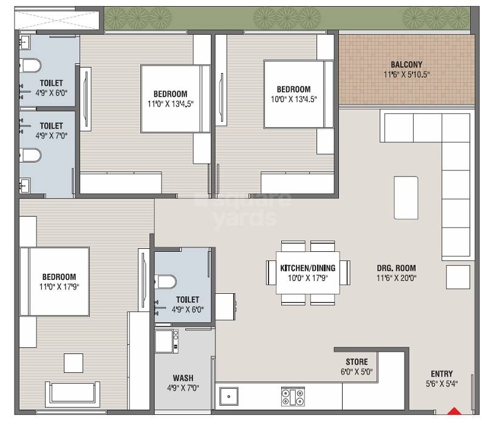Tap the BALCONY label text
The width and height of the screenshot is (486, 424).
[406, 64]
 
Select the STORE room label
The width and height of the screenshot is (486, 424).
[357, 362]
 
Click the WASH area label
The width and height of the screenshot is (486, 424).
[183, 377]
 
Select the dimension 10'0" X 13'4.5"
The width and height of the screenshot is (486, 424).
[293, 99]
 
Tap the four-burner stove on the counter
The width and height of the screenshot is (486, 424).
[292, 397]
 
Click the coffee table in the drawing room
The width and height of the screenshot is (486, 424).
[406, 198]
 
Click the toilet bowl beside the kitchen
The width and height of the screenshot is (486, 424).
[166, 281]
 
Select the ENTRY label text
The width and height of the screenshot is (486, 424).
[441, 374]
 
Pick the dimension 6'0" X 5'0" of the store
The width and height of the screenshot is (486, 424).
[357, 372]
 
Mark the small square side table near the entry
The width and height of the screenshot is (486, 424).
[457, 277]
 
